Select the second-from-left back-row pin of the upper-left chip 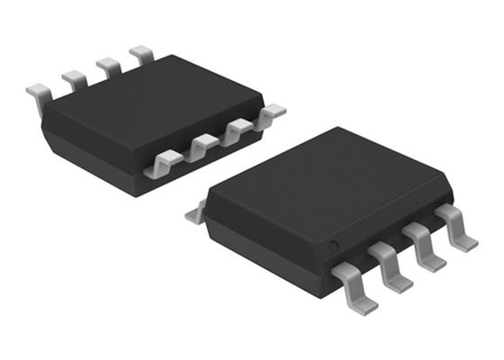74,79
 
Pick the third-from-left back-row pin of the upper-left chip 108,66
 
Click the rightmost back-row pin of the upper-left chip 141,54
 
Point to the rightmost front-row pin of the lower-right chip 457,227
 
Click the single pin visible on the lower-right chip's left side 195,213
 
